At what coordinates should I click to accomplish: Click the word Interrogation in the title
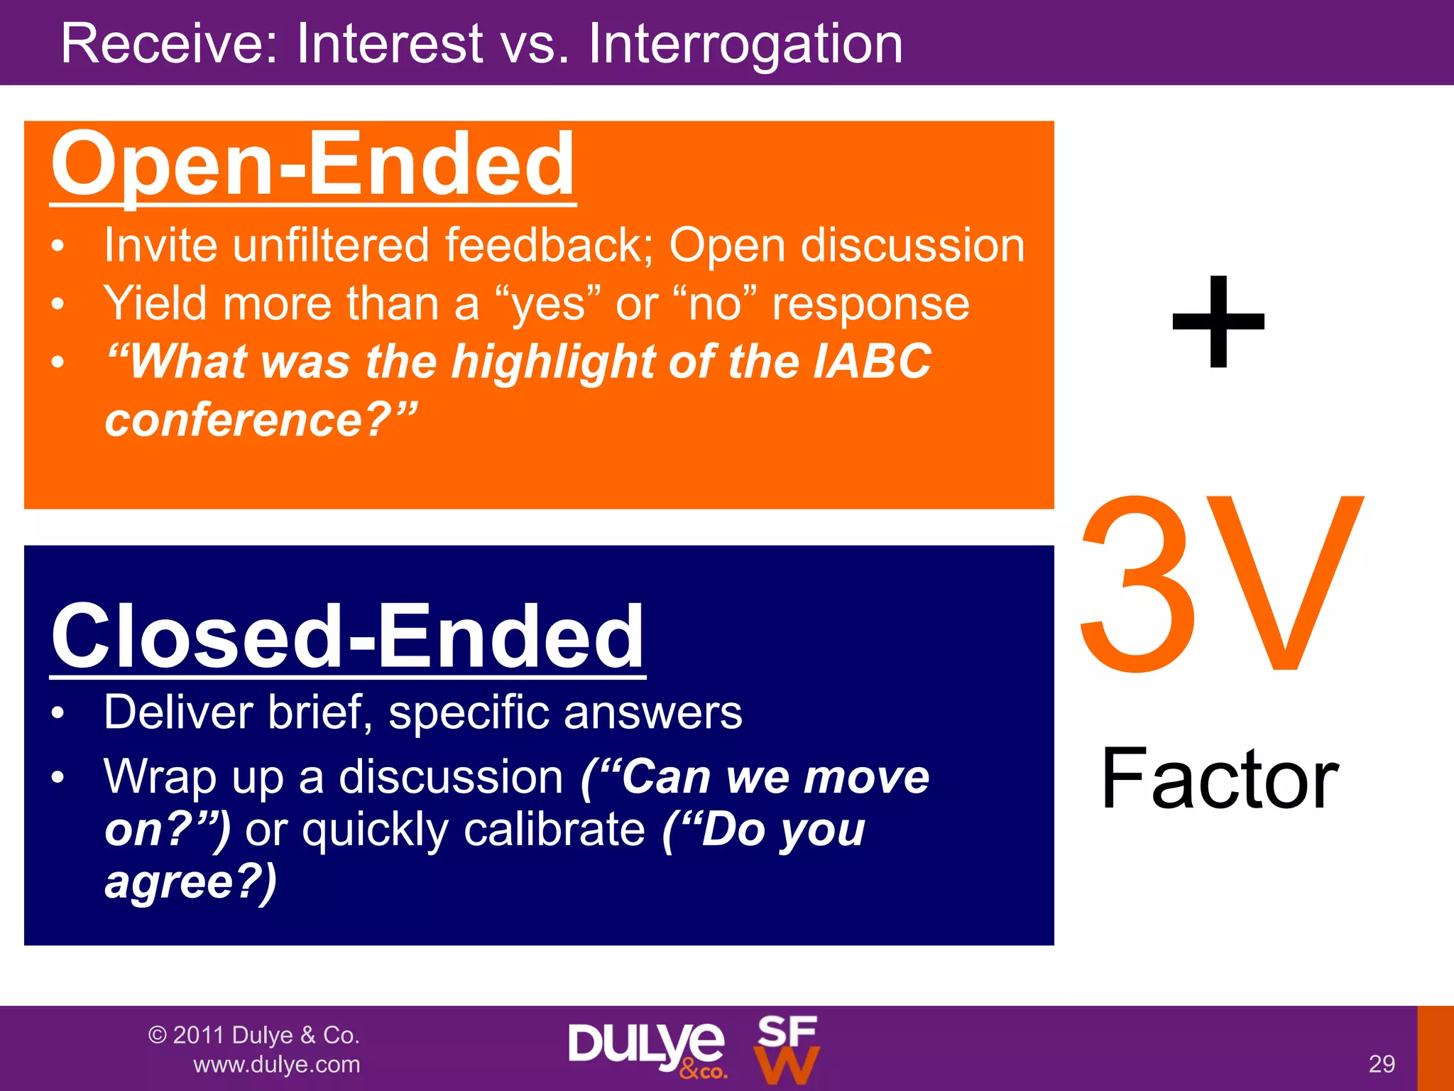tap(745, 44)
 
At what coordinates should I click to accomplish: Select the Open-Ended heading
tap(312, 165)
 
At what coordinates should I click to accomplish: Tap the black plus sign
tap(1218, 323)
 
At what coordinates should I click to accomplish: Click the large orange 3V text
tap(1220, 584)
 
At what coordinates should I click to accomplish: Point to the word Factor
tap(1220, 779)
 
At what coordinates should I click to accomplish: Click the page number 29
tap(1381, 1064)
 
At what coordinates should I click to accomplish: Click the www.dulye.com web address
tap(277, 1065)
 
